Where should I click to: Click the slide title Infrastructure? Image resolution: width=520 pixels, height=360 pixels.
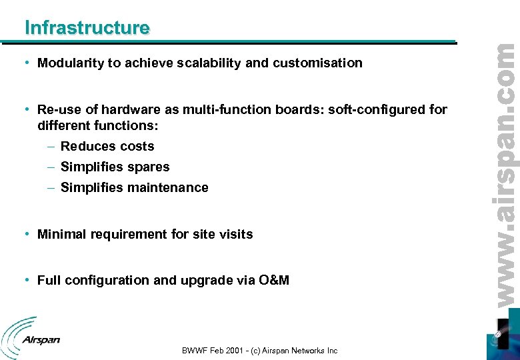(x=87, y=27)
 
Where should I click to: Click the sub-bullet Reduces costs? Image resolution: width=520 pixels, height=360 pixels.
(x=107, y=147)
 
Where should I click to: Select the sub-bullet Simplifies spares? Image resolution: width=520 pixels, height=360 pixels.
(x=115, y=167)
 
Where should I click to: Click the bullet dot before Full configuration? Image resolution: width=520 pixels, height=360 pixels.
(x=25, y=280)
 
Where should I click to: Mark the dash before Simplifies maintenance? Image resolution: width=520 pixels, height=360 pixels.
(x=51, y=188)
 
